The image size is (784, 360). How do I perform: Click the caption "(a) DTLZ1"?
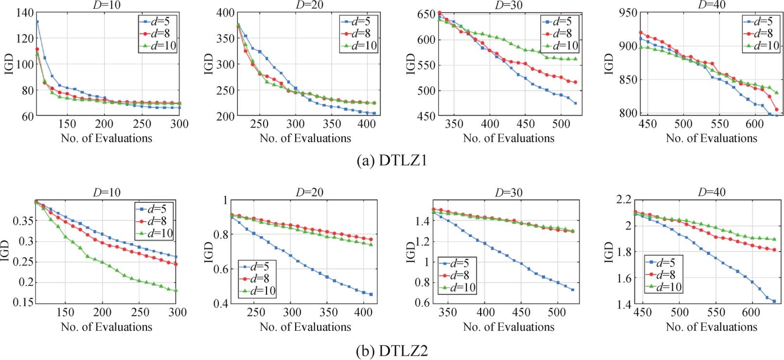click(x=392, y=161)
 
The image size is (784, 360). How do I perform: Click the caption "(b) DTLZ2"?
click(x=392, y=351)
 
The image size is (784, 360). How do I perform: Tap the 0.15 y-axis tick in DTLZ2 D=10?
click(x=21, y=303)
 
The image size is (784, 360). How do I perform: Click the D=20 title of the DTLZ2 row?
click(x=310, y=192)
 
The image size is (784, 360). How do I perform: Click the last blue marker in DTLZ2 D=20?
click(x=371, y=294)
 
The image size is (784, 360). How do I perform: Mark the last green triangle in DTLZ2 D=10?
click(x=176, y=290)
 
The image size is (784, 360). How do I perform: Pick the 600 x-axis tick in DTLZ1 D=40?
click(x=755, y=124)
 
